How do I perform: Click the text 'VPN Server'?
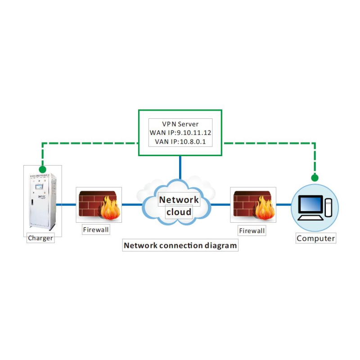pyautogui.click(x=180, y=124)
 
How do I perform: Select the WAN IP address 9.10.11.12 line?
pyautogui.click(x=180, y=133)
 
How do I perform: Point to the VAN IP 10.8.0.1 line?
pyautogui.click(x=180, y=143)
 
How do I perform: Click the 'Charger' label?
pyautogui.click(x=40, y=238)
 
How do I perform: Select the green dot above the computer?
pyautogui.click(x=315, y=178)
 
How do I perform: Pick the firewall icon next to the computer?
pyautogui.click(x=253, y=205)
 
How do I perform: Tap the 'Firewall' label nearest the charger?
pyautogui.click(x=96, y=229)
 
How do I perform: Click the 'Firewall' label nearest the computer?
pyautogui.click(x=252, y=231)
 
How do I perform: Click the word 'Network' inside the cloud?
pyautogui.click(x=179, y=200)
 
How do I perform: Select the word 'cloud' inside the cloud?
pyautogui.click(x=179, y=212)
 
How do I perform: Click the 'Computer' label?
pyautogui.click(x=316, y=238)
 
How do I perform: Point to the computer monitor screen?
pyautogui.click(x=310, y=205)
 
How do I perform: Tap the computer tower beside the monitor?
pyautogui.click(x=328, y=208)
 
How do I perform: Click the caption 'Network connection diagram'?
pyautogui.click(x=180, y=246)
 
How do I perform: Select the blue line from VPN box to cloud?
pyautogui.click(x=180, y=166)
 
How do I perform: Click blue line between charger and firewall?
pyautogui.click(x=66, y=204)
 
